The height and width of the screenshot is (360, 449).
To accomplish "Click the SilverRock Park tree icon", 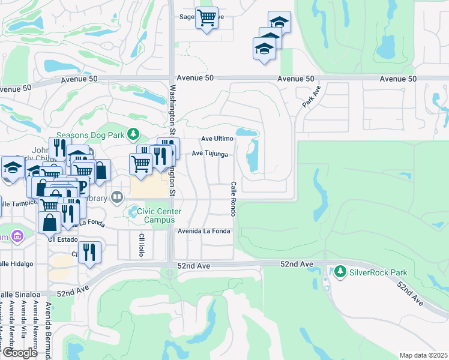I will [x=341, y=272].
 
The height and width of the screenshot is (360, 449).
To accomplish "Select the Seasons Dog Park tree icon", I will [x=136, y=134].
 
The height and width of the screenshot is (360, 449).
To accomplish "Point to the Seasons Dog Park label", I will [x=93, y=134].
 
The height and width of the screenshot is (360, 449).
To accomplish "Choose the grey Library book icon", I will [x=117, y=196].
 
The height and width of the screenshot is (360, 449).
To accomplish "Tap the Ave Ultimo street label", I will [x=217, y=139].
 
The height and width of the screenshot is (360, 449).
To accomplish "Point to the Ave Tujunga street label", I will [x=209, y=154].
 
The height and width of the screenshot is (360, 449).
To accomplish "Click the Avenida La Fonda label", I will [x=203, y=231].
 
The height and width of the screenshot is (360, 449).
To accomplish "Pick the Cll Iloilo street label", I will [x=143, y=242].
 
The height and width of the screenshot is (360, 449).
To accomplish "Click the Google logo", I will [x=19, y=353].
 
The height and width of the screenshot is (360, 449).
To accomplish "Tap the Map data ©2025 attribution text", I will [x=423, y=355].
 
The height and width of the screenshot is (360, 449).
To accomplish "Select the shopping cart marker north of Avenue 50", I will [x=206, y=18].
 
